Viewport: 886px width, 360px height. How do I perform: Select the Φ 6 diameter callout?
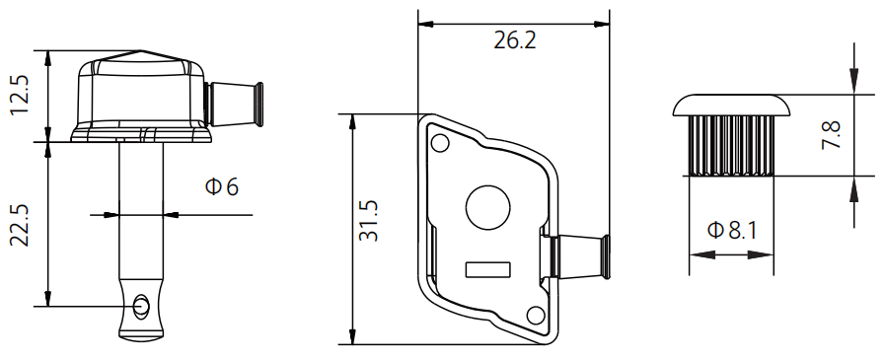point(221,186)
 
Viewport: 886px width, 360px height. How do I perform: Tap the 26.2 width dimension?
point(515,40)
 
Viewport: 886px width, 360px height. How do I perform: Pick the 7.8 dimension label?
point(831,134)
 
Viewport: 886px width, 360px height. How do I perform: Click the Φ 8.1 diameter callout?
point(732,231)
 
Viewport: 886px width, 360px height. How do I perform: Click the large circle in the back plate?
point(487,207)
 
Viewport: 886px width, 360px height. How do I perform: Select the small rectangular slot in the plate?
point(488,270)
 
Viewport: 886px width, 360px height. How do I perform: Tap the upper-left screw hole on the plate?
point(440,143)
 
